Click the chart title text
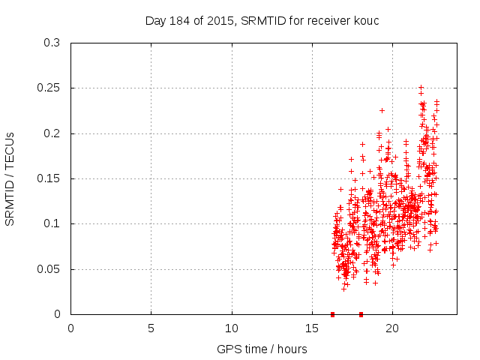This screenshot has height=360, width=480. tap(262, 20)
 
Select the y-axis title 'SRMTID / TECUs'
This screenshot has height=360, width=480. tap(10, 178)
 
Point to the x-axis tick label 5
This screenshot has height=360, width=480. tap(151, 328)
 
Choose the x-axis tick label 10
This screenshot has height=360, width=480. tap(232, 328)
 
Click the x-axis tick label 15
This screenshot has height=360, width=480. tap(312, 328)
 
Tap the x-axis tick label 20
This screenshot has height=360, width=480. tap(392, 328)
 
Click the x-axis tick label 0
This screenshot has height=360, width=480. tap(71, 328)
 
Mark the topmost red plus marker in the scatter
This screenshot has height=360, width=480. tap(421, 88)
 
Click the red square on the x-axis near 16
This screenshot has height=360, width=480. tap(332, 314)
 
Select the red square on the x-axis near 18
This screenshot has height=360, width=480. tap(361, 314)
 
